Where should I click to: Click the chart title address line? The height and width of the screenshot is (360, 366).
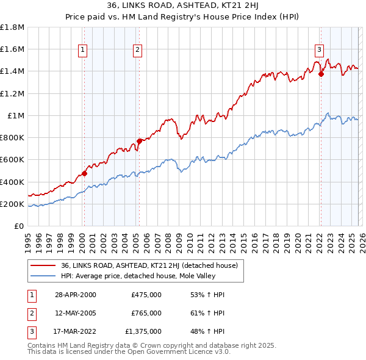pos(182,5)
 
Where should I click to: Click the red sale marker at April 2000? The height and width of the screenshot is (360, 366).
pos(85,173)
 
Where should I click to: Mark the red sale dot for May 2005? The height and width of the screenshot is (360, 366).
pos(139,141)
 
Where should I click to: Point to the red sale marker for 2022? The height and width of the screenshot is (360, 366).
pos(321,74)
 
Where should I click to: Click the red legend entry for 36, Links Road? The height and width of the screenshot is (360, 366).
pos(152,265)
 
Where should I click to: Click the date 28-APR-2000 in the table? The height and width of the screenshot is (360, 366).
pos(76,295)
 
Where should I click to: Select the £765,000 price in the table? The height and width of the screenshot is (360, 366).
pos(146,313)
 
